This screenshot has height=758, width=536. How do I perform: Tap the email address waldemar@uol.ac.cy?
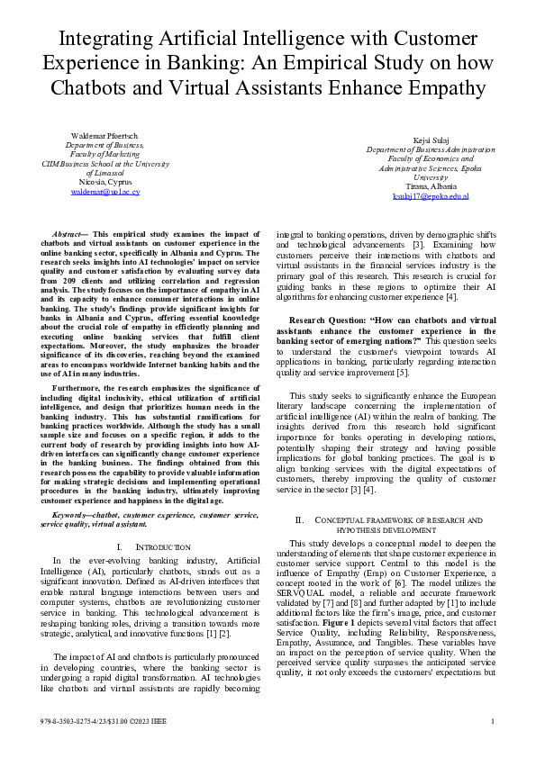[104, 193]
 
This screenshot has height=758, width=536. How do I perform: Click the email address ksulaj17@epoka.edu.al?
[430, 196]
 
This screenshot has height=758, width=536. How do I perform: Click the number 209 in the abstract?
[81, 279]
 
